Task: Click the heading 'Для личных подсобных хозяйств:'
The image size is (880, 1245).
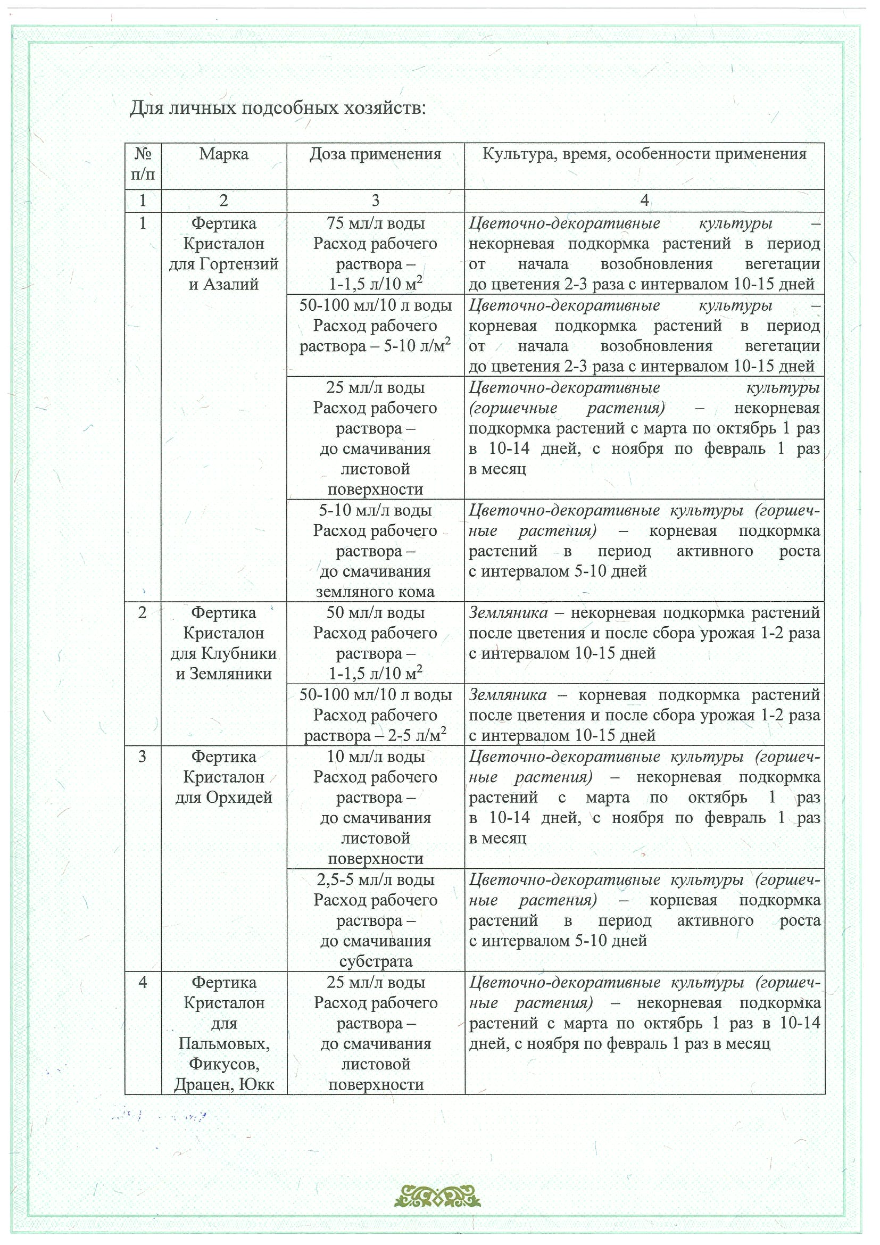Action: click(278, 109)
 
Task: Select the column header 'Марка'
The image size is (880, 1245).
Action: click(223, 154)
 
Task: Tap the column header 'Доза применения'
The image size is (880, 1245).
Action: click(375, 154)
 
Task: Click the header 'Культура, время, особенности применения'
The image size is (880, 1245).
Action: click(644, 154)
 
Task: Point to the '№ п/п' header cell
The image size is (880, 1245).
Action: click(143, 164)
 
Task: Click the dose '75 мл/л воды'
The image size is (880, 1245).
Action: click(375, 223)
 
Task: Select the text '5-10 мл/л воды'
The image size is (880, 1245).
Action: click(375, 510)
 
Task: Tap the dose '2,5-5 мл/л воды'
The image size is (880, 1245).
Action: click(375, 879)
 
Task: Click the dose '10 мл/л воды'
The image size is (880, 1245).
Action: click(375, 757)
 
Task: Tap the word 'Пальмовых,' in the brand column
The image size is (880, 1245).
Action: click(223, 1044)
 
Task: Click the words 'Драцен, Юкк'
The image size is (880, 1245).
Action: click(223, 1084)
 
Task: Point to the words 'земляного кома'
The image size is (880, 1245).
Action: click(375, 592)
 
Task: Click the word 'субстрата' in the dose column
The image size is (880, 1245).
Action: click(375, 961)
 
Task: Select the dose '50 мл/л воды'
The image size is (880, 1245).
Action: click(375, 613)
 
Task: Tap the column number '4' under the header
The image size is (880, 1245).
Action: click(644, 201)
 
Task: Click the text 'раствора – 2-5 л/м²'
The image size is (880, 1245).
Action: click(375, 736)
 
